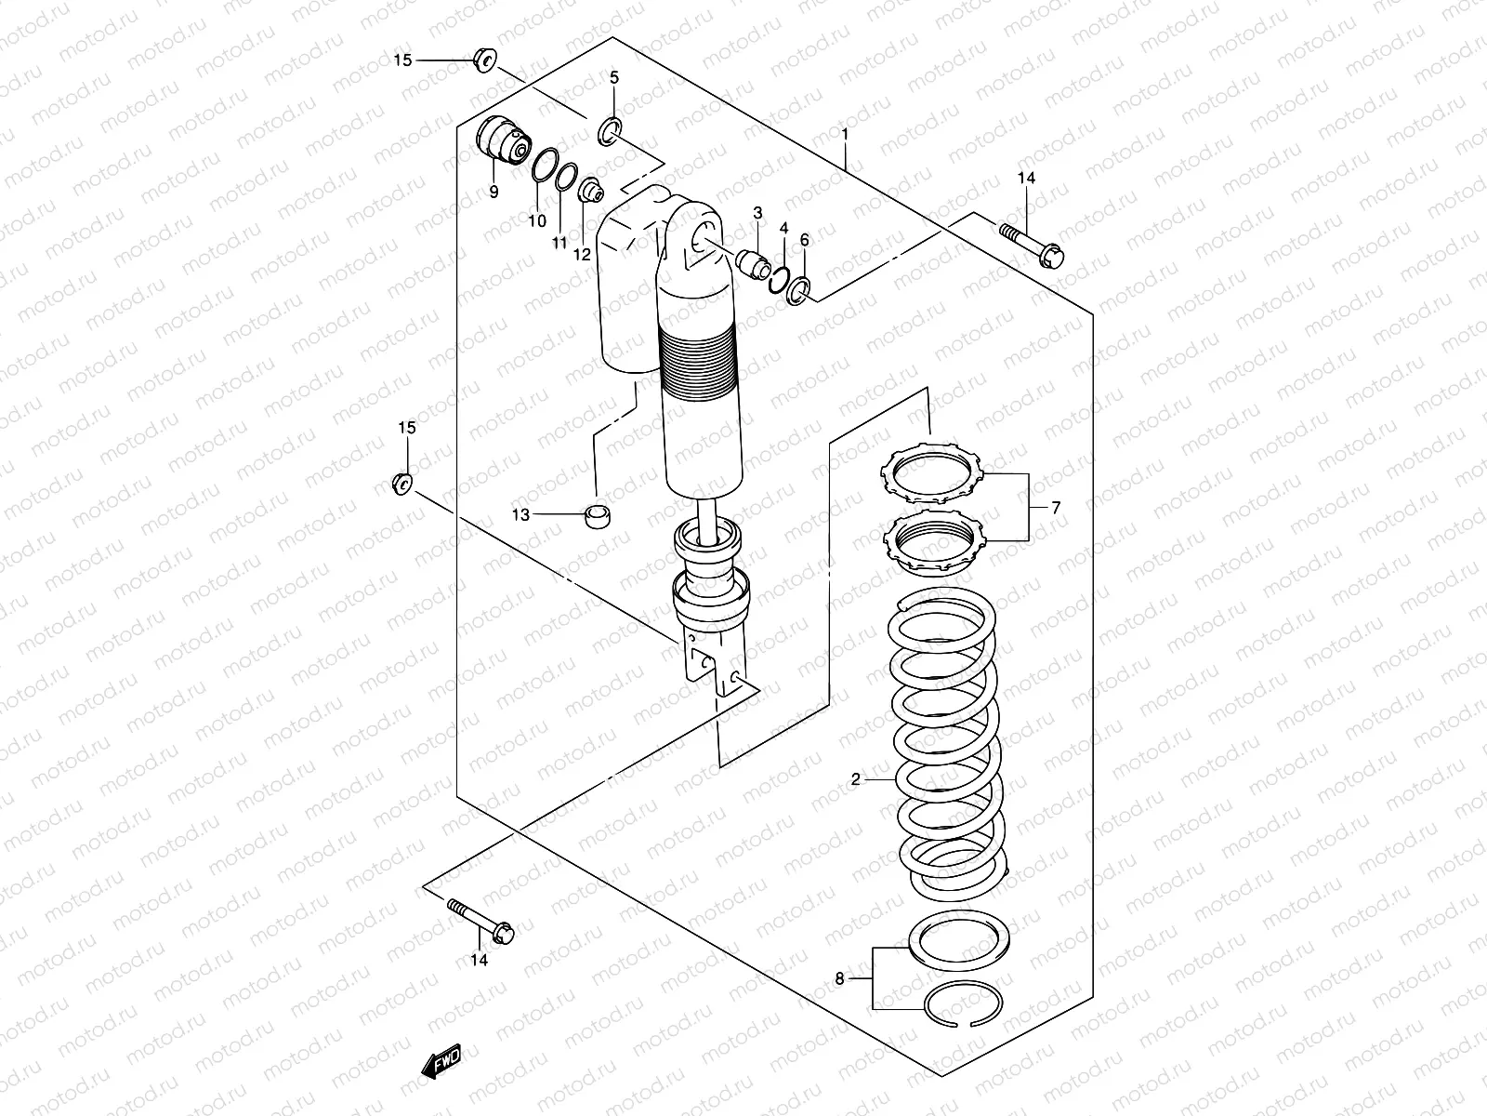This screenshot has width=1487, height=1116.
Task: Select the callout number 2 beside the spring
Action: (x=856, y=779)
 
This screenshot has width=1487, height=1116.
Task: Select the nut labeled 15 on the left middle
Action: (x=401, y=483)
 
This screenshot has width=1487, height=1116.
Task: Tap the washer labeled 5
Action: (x=611, y=131)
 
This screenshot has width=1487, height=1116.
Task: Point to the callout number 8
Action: (x=839, y=978)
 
